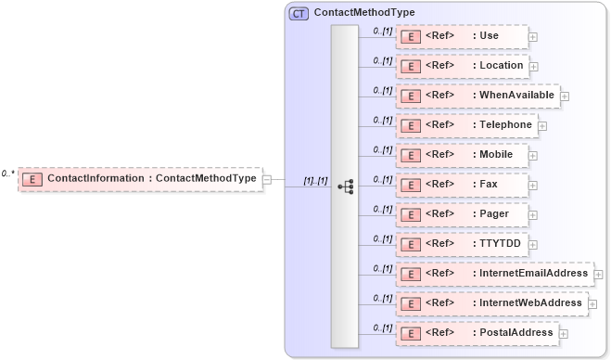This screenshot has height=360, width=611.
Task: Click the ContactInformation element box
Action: coord(140,178)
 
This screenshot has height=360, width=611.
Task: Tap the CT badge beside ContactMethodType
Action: coord(299,14)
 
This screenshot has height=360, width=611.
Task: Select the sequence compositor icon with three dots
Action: coord(346,186)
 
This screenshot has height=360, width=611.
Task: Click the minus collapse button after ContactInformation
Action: coord(267,179)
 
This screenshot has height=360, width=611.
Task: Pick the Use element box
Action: coord(462,36)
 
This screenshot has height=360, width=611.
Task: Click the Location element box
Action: coord(462,66)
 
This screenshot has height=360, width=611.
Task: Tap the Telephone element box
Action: coord(465,125)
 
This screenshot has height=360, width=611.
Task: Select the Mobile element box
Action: coord(462,155)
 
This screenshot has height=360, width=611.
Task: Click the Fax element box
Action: coord(462,185)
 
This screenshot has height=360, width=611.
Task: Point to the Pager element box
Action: coord(462,214)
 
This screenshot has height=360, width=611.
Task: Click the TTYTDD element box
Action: coord(462,244)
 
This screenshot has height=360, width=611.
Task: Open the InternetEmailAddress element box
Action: coord(494,274)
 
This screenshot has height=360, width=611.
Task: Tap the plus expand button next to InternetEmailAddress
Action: coord(598,275)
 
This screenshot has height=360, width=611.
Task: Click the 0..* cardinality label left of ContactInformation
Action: coord(8,173)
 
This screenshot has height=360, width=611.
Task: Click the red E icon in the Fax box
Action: coord(410,186)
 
